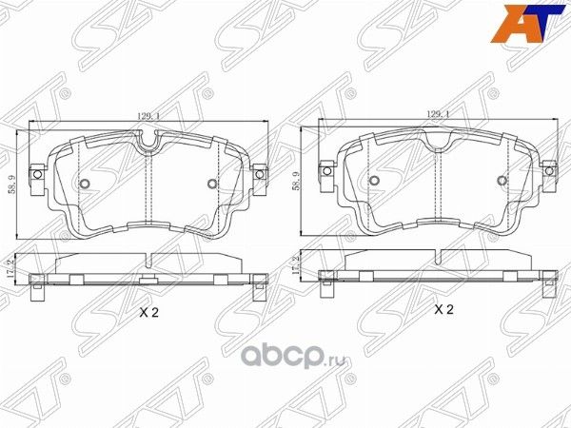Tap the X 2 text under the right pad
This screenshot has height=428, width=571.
point(443,310)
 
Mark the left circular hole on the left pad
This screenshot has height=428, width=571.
point(83,185)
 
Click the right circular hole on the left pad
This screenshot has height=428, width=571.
point(211,185)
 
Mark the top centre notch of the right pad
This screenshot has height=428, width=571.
point(438,141)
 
